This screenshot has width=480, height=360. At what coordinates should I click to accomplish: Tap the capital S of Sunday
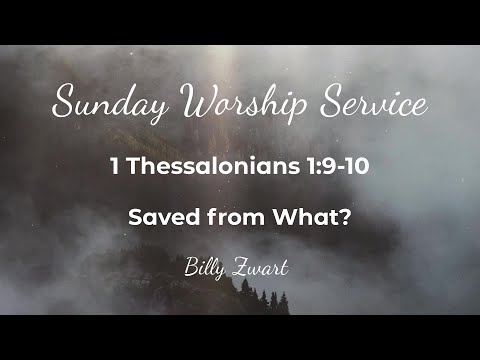coord(63,102)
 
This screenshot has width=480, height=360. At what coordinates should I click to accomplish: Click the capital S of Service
coord(318,102)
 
